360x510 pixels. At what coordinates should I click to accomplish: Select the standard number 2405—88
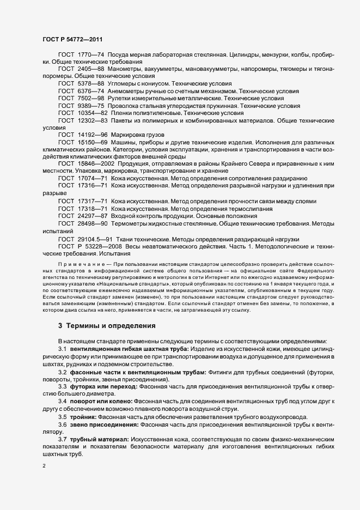[90, 70]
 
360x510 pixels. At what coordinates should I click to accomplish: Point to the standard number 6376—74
[90, 91]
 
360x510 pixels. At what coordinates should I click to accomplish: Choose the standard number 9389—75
[90, 105]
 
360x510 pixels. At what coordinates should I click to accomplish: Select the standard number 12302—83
[92, 119]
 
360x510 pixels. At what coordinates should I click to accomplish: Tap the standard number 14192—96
[92, 134]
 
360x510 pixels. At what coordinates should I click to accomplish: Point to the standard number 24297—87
[92, 216]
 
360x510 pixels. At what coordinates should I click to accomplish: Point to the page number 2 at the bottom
[44, 466]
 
